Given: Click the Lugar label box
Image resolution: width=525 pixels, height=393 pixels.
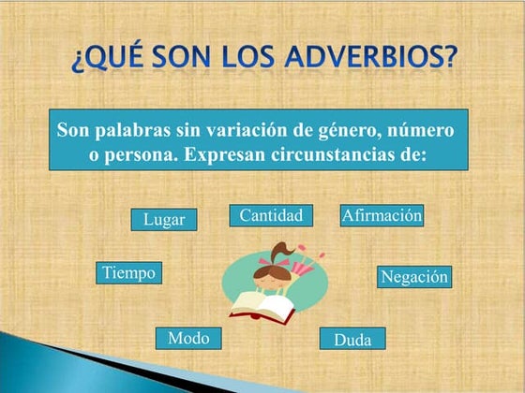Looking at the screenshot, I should click(164, 220).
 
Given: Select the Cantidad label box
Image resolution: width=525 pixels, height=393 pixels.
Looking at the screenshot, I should click(270, 216).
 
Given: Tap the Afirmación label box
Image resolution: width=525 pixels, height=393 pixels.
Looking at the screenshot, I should click(382, 215).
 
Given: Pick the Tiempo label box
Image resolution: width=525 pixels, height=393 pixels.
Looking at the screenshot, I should click(128, 272).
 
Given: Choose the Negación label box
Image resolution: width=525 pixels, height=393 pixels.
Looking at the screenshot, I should click(415, 277).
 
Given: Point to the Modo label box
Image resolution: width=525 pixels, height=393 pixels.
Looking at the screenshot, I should click(188, 338).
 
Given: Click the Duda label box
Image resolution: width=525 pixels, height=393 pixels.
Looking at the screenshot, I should click(352, 340).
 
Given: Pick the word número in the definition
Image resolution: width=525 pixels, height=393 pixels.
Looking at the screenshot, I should click(418, 130).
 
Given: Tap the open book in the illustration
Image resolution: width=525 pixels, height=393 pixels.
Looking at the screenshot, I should click(262, 303).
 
